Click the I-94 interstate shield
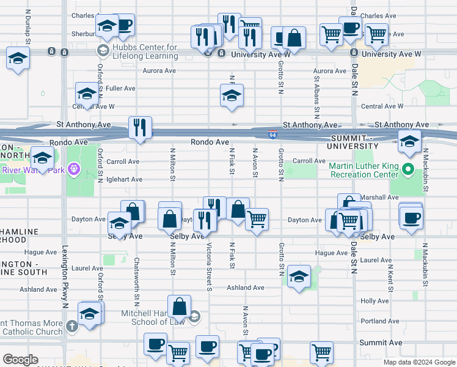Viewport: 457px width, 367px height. click(271, 132)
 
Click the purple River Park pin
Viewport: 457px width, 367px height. click(75, 167)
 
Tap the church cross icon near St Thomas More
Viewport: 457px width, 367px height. click(73, 327)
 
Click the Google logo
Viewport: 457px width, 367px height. click(20, 360)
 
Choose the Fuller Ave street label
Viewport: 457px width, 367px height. click(120, 89)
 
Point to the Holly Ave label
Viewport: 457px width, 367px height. click(375, 301)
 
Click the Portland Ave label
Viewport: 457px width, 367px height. click(379, 321)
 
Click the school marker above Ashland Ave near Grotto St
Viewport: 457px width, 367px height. click(299, 276)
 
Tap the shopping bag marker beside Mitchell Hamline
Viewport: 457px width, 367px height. click(180, 306)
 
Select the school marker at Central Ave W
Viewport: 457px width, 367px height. click(86, 94)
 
